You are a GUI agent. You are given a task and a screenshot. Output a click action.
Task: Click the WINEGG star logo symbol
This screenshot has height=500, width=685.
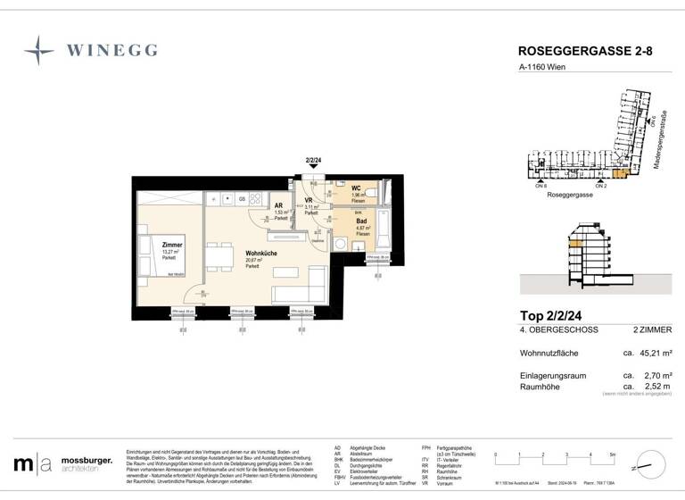point(38,51)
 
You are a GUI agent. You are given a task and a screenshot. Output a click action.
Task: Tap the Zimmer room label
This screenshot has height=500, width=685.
point(172,243)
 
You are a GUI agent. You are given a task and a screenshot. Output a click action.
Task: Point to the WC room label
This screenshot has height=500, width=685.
point(356,187)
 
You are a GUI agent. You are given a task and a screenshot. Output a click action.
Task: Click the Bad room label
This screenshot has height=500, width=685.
point(361,221)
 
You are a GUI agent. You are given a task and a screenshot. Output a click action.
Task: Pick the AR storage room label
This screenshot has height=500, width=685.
point(279,205)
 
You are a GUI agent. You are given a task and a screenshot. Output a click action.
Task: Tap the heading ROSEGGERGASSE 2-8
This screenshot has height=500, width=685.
point(584,52)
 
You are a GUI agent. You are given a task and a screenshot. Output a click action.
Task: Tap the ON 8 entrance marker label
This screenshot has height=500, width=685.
point(540,186)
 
